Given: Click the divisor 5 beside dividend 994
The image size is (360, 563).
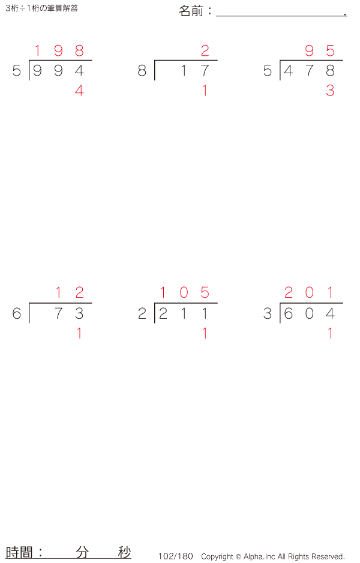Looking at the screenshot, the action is click(17, 70).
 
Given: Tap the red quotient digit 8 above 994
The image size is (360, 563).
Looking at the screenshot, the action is click(79, 50).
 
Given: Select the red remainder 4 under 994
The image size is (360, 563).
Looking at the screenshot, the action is click(79, 91).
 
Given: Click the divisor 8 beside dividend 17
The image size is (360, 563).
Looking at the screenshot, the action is click(142, 70).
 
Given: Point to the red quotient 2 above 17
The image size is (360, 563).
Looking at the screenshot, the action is click(205, 50).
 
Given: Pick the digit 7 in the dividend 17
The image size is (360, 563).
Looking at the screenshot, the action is click(205, 70).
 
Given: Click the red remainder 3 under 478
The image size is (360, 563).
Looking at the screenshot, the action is click(330, 91).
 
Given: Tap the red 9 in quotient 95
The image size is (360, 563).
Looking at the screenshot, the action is click(310, 50).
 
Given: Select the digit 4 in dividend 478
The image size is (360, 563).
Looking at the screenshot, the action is click(289, 70).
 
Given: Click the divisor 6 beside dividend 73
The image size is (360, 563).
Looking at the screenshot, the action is click(17, 313).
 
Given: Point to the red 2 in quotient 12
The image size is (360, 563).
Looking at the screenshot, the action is click(79, 293).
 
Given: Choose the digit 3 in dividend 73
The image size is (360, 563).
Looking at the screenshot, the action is click(79, 313).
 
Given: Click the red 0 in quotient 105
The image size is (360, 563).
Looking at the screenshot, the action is click(184, 293).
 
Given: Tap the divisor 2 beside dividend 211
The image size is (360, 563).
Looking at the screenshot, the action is click(142, 313).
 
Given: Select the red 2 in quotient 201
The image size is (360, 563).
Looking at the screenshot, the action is click(289, 293).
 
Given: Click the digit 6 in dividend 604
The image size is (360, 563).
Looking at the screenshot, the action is click(289, 313).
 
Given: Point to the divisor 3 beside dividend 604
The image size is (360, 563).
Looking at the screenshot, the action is click(268, 313).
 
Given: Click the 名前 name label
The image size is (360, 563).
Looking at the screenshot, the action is click(191, 11).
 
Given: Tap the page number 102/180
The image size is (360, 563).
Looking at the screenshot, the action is click(176, 556).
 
